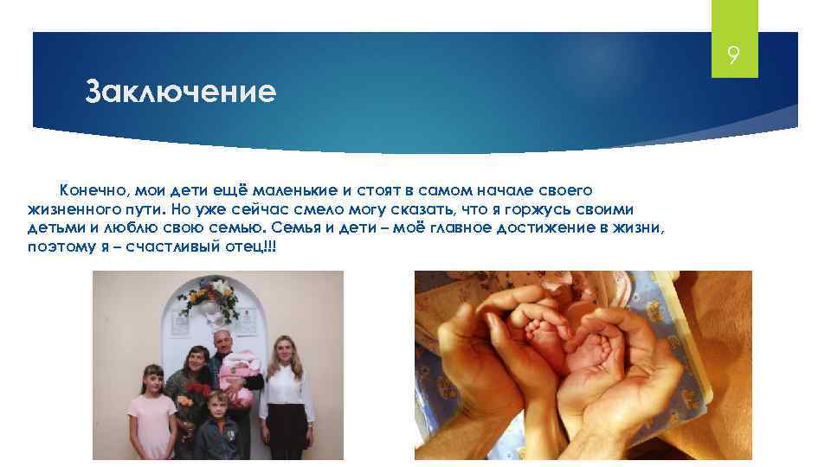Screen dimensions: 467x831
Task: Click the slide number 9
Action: pyautogui.click(x=733, y=57)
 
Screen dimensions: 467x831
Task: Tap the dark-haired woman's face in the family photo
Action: pyautogui.click(x=196, y=359)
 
